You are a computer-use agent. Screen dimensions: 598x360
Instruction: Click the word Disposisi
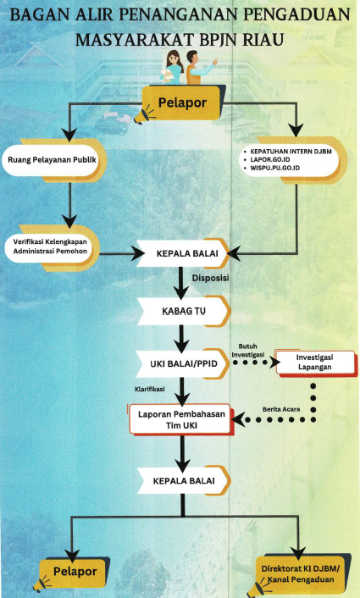point(210,277)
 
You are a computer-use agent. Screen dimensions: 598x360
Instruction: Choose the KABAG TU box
point(182,311)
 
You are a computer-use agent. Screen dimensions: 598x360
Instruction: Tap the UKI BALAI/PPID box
point(182,363)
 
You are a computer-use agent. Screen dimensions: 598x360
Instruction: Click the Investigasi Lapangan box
point(314,363)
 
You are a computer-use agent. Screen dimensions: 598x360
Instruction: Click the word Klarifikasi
point(149,390)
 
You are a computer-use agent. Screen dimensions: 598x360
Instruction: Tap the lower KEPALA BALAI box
point(182,480)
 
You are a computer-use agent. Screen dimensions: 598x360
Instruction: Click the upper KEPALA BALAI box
point(182,252)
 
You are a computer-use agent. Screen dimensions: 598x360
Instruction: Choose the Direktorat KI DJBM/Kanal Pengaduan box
point(302,572)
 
